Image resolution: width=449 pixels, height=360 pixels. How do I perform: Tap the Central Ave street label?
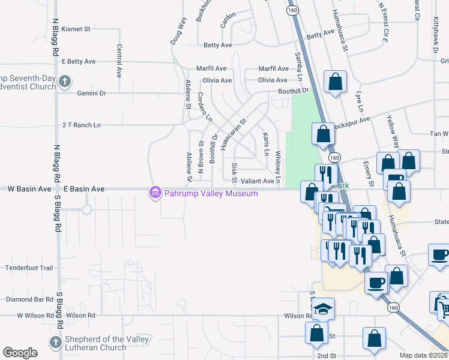[119, 60]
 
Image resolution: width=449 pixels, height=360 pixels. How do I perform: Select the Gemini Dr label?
[91, 93]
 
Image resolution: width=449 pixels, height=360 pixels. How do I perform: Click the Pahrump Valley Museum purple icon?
[155, 193]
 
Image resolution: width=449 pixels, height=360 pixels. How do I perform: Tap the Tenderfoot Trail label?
[30, 268]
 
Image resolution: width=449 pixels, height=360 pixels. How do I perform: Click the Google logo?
[20, 353]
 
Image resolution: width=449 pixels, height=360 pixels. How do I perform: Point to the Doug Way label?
[179, 31]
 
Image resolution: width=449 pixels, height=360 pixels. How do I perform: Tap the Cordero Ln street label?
[205, 107]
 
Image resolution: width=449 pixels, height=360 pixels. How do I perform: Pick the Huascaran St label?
[234, 134]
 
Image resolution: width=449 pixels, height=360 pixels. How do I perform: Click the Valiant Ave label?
[258, 181]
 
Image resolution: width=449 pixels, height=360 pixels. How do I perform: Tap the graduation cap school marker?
[324, 309]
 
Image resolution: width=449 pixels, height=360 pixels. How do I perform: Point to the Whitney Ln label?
[278, 165]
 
